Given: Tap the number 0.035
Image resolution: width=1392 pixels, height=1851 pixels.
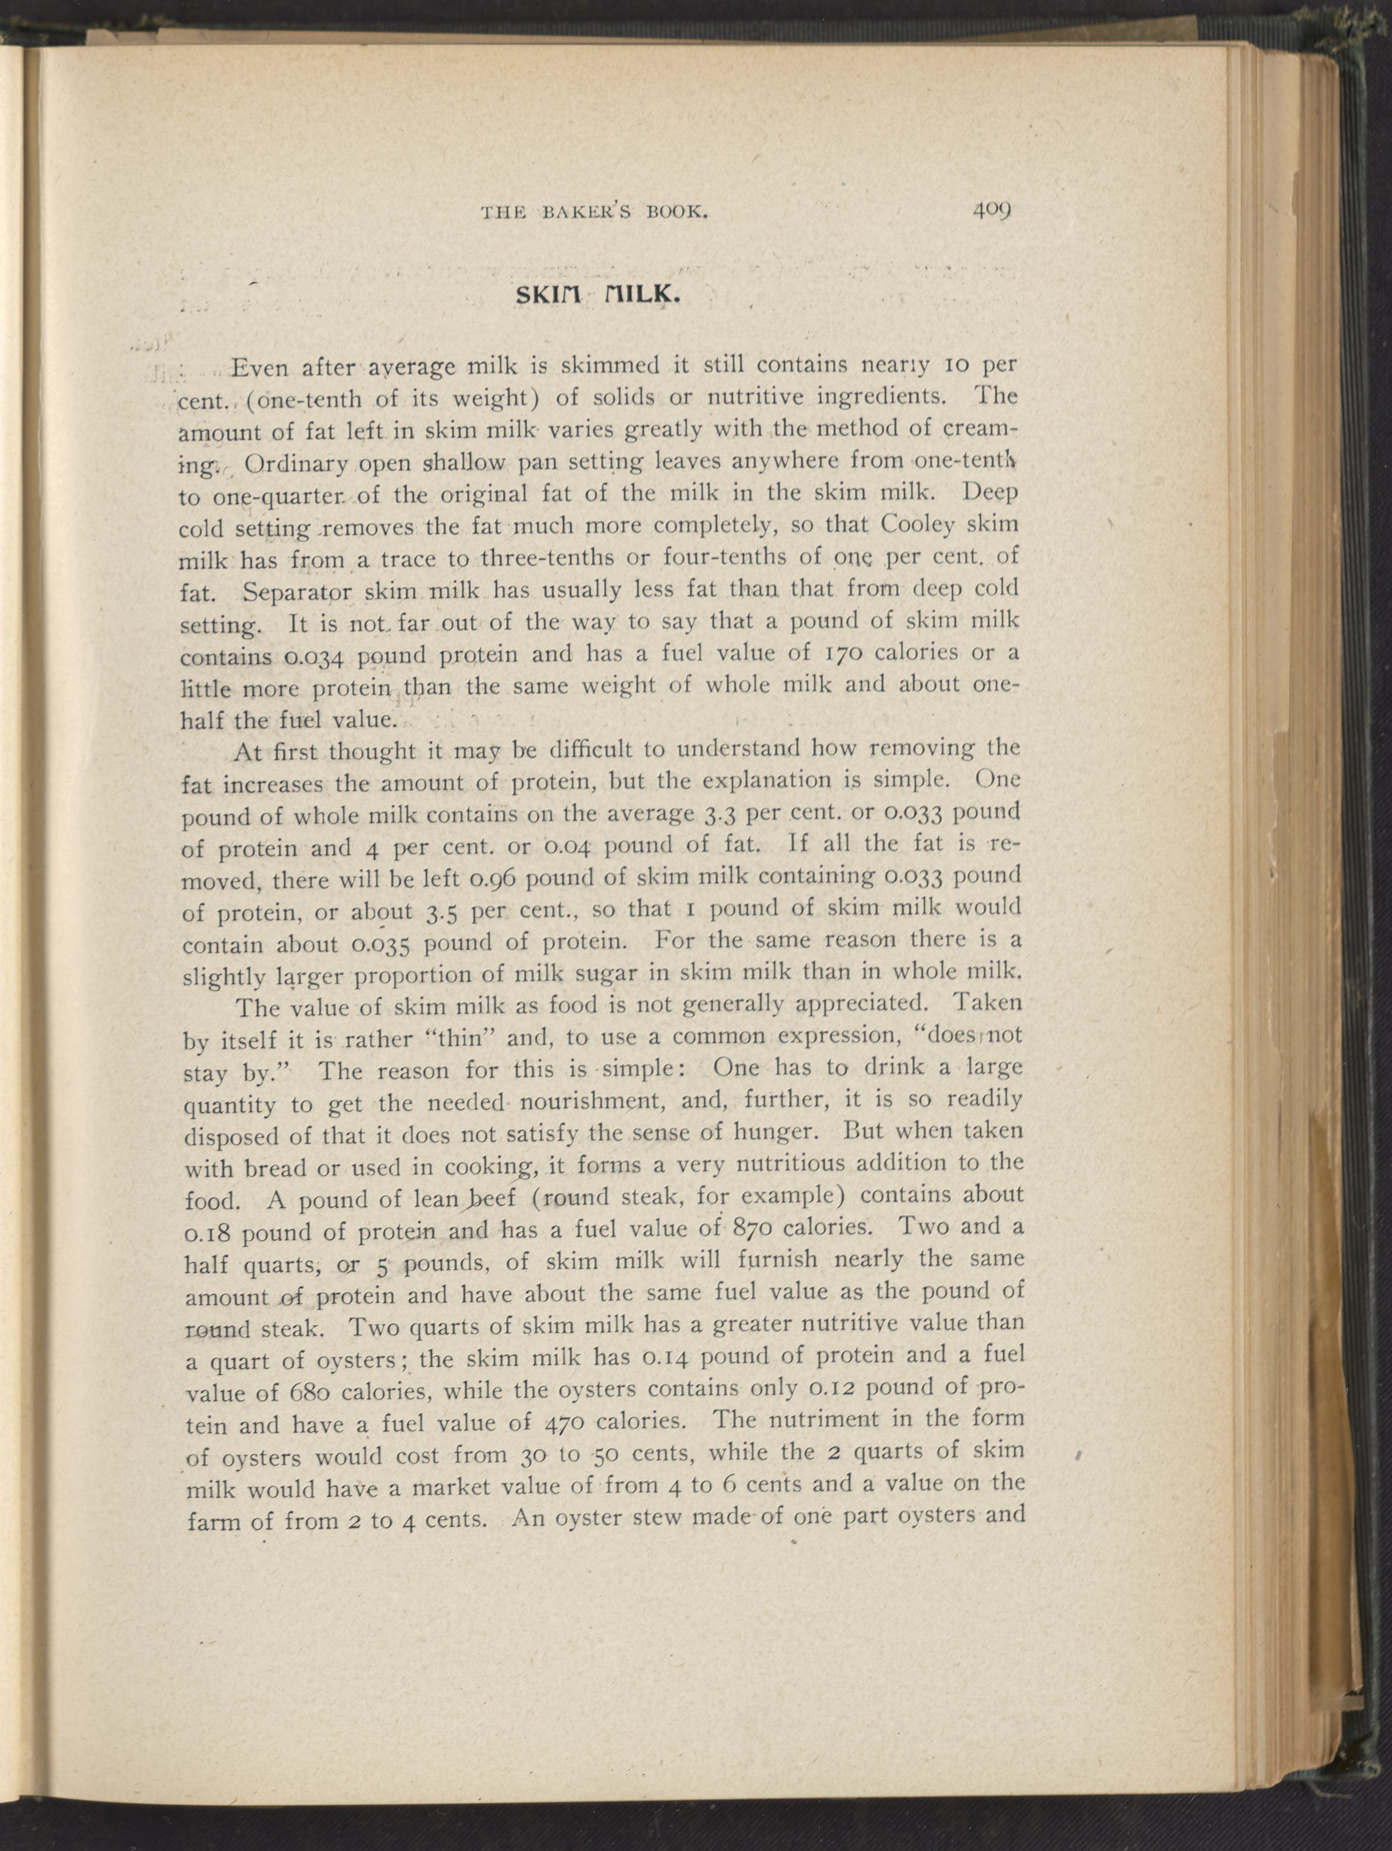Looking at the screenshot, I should point(381,944).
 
